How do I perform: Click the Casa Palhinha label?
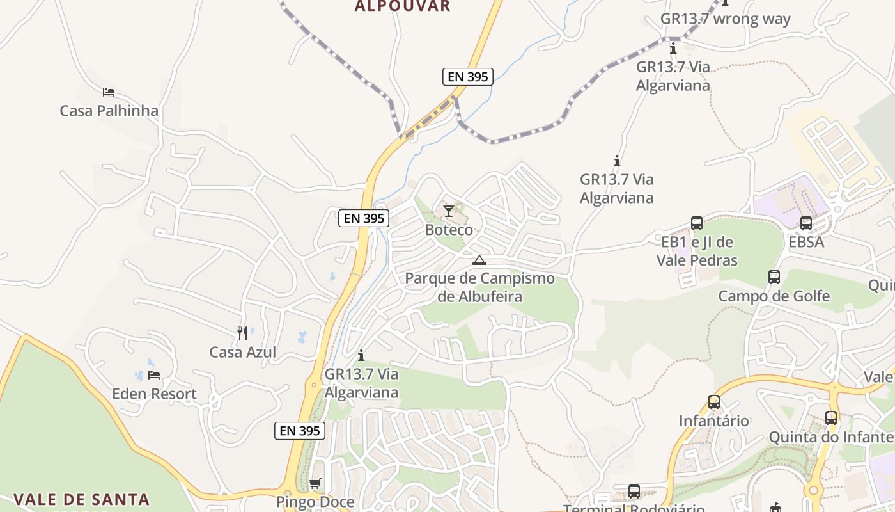pyautogui.click(x=109, y=111)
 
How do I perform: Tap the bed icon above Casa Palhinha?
pyautogui.click(x=109, y=92)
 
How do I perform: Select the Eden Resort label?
pyautogui.click(x=154, y=394)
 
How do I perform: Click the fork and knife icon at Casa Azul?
pyautogui.click(x=242, y=333)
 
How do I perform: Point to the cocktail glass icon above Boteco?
pyautogui.click(x=449, y=211)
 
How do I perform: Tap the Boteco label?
pyautogui.click(x=449, y=230)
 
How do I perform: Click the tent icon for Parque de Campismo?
pyautogui.click(x=479, y=260)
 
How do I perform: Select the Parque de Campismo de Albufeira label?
pyautogui.click(x=479, y=287)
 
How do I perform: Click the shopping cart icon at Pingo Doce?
pyautogui.click(x=315, y=483)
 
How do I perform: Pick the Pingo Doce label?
pyautogui.click(x=315, y=502)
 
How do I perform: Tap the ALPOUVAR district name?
pyautogui.click(x=403, y=6)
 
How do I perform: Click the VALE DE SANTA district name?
pyautogui.click(x=81, y=499)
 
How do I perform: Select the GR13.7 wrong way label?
pyautogui.click(x=726, y=19)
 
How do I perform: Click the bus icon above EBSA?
pyautogui.click(x=806, y=223)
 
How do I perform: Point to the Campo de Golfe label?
pyautogui.click(x=774, y=296)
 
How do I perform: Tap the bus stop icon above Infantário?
pyautogui.click(x=714, y=402)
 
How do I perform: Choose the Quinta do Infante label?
pyautogui.click(x=830, y=437)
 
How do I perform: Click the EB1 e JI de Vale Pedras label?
pyautogui.click(x=697, y=252)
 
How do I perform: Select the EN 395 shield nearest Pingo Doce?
pyautogui.click(x=300, y=431)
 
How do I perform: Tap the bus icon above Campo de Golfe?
pyautogui.click(x=774, y=277)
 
